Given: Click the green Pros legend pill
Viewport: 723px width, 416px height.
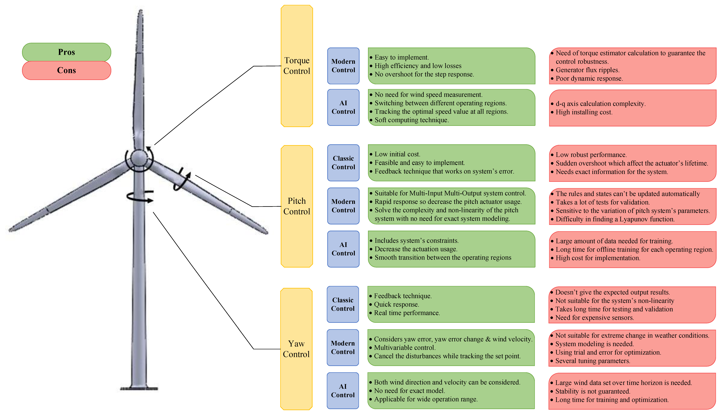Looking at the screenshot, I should coord(67,52).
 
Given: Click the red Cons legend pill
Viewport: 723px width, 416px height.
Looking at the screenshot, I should coord(67,70).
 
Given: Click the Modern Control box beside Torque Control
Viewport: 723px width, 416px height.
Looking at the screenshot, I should coord(343,66).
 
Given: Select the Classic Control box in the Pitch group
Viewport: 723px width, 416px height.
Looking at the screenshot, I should coord(343,163).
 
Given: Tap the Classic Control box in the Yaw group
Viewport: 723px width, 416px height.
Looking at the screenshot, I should coord(343,304).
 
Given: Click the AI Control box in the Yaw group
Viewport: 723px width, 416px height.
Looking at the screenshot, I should coord(343,391).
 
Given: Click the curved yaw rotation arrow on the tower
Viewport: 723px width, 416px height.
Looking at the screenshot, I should coord(140,197).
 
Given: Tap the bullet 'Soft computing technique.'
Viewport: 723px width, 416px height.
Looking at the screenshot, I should coord(411,120).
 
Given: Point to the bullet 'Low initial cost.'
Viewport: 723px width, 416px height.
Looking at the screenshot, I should coord(397,154).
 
